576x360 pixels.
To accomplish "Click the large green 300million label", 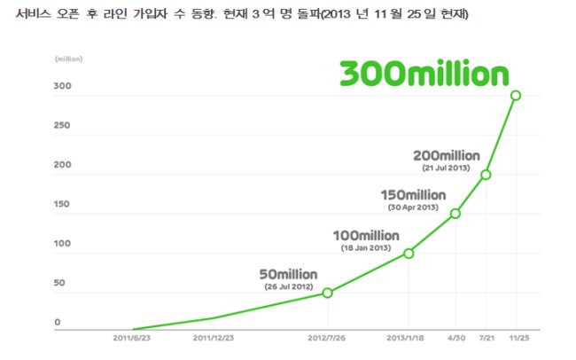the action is point(424,73).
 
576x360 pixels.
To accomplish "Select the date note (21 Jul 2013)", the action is point(446,168).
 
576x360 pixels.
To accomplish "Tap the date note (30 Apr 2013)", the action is point(413,207).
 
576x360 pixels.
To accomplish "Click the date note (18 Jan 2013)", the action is point(366,248).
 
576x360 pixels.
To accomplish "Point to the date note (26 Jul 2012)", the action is point(289,286).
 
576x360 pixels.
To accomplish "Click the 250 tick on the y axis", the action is point(62,125).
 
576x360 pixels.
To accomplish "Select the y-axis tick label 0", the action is point(58,322).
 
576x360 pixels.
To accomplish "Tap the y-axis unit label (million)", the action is point(69,59).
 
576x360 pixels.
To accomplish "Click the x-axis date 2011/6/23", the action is point(131,338).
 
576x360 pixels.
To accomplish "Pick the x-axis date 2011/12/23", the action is point(213,338).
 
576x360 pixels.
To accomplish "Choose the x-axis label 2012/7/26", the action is point(326,338).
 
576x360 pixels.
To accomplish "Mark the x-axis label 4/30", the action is point(456,338).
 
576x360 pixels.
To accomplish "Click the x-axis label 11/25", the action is point(519,338).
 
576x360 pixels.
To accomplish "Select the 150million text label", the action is point(413,195).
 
